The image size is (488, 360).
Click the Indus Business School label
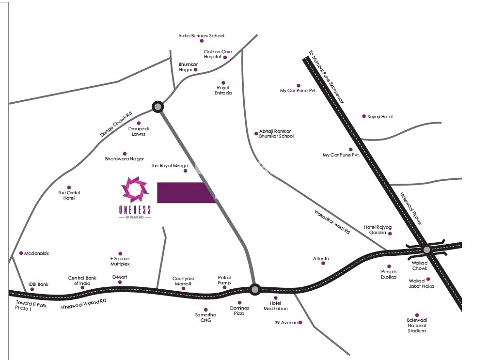[x=201, y=36]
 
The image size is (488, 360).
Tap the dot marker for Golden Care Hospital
[x=225, y=57]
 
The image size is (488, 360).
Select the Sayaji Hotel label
[x=380, y=117]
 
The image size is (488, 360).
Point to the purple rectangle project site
[x=186, y=193]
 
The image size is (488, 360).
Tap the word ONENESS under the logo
[x=135, y=209]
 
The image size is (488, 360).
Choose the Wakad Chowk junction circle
[x=426, y=250]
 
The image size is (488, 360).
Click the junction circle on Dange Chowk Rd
[x=157, y=107]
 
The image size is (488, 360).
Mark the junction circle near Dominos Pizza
[x=255, y=289]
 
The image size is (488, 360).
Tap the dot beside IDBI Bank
[x=32, y=289]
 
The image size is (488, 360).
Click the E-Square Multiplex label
[x=120, y=261]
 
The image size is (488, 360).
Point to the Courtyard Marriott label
[x=183, y=281]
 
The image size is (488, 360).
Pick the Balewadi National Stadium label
[x=416, y=325]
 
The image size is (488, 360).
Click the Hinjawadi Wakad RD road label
[x=84, y=304]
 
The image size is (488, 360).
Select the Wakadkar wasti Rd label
[x=332, y=222]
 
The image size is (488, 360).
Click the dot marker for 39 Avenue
[x=300, y=322]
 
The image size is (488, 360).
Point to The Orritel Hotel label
[x=69, y=195]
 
